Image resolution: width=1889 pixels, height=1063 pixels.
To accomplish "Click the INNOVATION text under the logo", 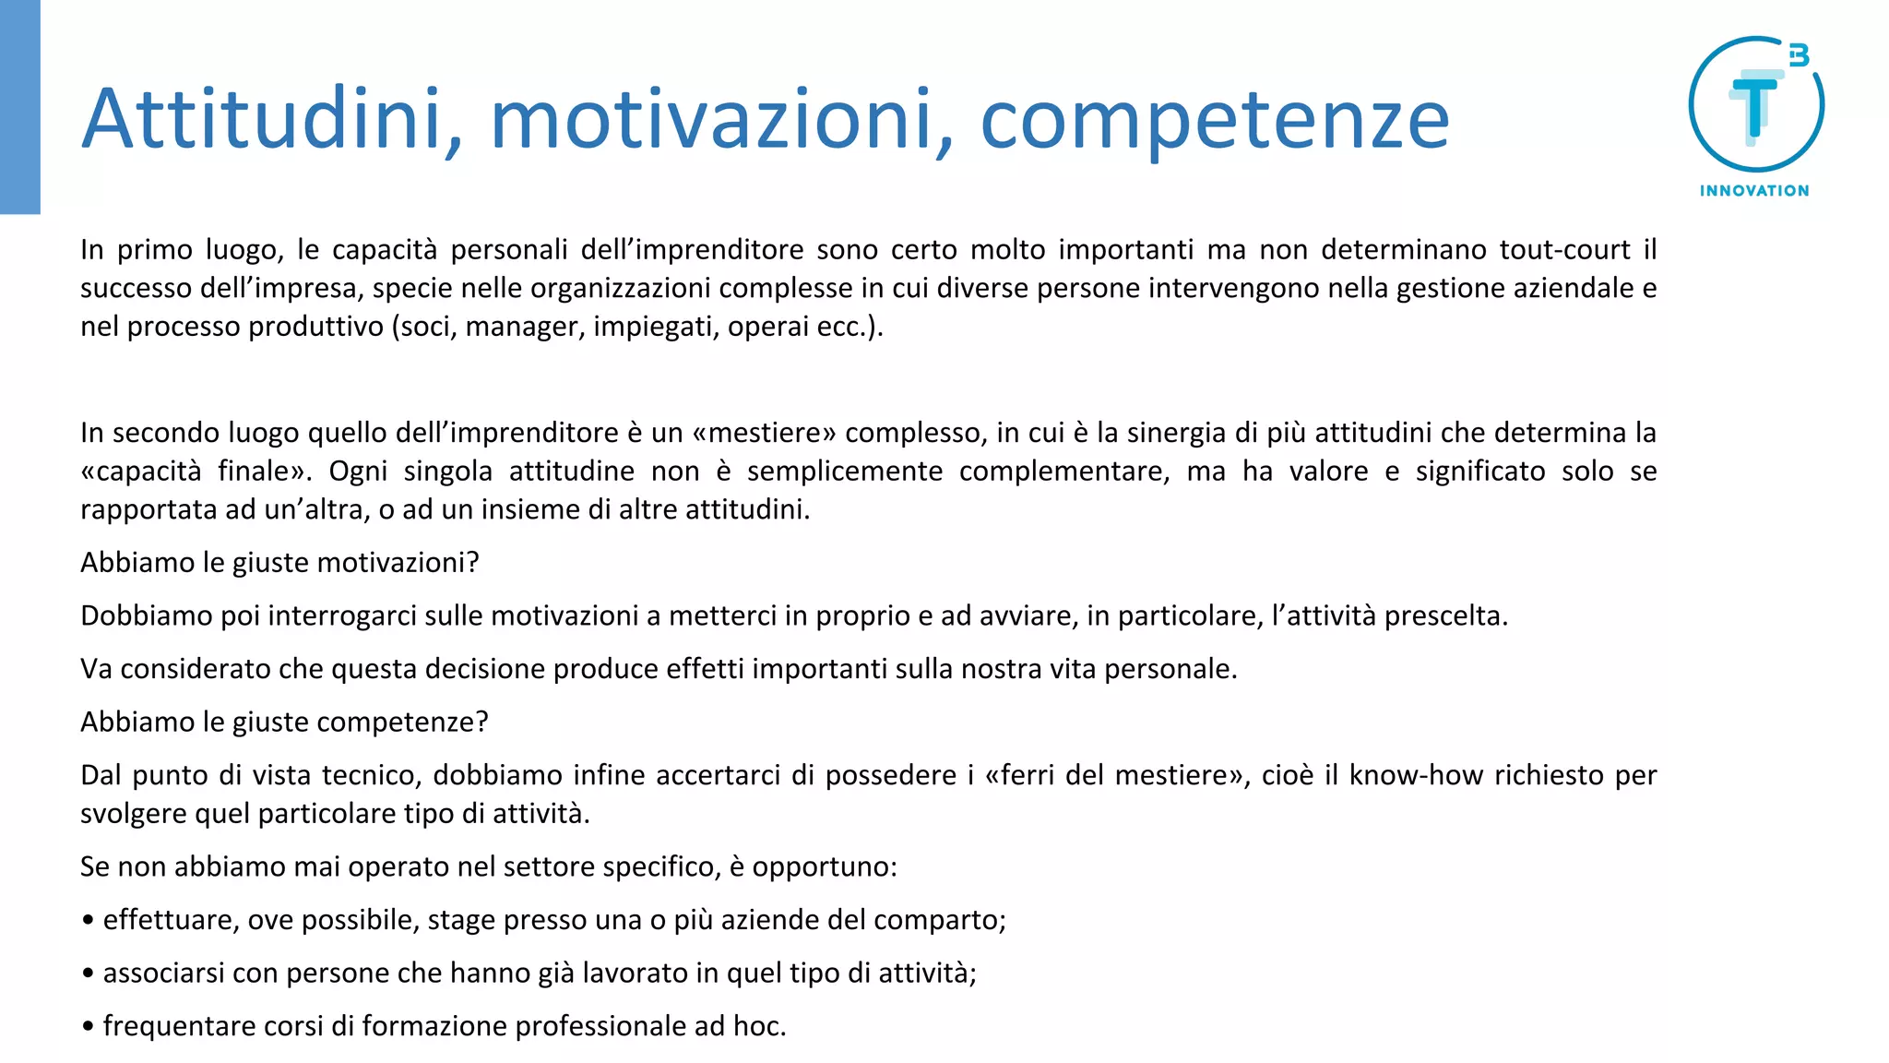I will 1754,191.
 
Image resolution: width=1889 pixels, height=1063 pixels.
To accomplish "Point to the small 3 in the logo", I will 1799,55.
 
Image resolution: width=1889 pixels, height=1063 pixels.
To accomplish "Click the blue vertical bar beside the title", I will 19,107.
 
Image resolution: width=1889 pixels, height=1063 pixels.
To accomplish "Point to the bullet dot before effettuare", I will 88,921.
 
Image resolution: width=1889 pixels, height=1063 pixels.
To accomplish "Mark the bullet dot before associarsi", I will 88,974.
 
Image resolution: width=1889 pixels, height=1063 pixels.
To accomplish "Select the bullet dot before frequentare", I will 88,1027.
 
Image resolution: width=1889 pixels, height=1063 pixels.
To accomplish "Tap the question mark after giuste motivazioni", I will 473,563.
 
